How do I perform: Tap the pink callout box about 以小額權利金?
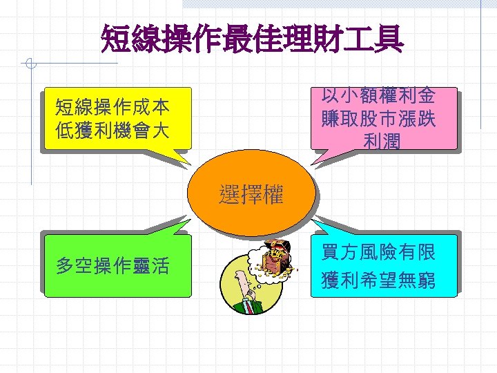coord(384,118)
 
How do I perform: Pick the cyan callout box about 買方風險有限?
coord(384,266)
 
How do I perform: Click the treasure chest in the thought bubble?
coord(278,257)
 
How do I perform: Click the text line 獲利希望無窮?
coord(378,280)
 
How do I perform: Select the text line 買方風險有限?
coord(378,252)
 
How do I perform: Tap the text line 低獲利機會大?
coord(113,129)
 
